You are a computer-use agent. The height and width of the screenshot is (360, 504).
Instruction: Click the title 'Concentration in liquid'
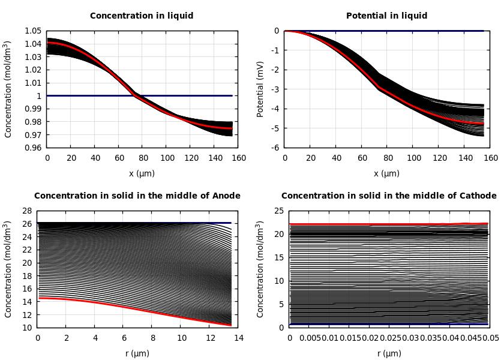pos(142,16)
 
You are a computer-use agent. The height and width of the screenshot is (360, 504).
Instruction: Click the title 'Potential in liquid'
pos(386,16)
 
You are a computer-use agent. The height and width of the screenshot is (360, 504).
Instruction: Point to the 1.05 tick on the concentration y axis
pos(32,31)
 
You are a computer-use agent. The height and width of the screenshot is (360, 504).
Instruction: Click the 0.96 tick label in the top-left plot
pos(32,148)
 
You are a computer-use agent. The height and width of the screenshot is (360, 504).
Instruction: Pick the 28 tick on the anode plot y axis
pos(26,211)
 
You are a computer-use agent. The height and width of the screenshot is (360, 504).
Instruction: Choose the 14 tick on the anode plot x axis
pos(238,338)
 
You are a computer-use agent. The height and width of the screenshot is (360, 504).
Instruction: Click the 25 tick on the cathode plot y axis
pos(278,211)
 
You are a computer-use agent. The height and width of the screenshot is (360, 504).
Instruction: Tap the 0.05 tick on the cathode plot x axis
pos(491,338)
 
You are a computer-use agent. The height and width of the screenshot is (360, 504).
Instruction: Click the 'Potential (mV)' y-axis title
pos(260,89)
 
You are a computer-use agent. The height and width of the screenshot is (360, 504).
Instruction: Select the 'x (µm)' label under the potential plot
pos(386,174)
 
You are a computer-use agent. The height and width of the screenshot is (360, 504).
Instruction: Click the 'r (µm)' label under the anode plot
pos(137,354)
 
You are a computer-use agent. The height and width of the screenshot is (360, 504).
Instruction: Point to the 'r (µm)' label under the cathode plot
pos(389,354)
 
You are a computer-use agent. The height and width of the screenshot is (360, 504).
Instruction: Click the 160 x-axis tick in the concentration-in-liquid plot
pos(238,158)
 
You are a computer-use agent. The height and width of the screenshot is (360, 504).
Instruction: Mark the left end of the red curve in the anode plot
pos(38,298)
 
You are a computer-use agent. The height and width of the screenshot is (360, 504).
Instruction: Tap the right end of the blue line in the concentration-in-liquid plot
pos(232,95)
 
